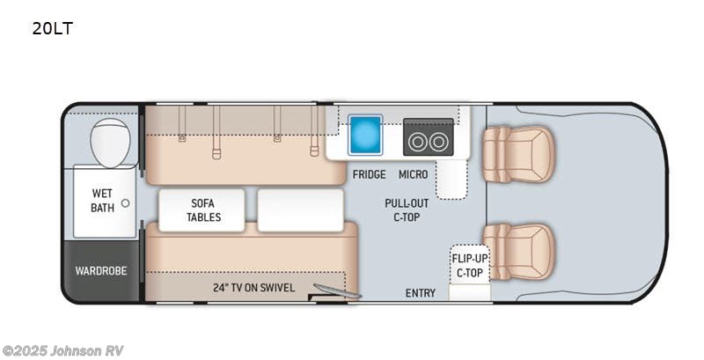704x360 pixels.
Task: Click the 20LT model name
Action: (52, 29)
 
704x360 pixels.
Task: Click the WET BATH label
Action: (102, 201)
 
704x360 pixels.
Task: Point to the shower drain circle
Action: (125, 203)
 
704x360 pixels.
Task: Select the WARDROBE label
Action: (101, 271)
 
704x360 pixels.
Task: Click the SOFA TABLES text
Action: (204, 210)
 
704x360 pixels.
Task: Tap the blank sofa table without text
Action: (300, 210)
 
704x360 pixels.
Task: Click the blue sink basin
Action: (365, 134)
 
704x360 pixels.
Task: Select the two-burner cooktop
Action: (428, 137)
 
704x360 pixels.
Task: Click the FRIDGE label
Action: (369, 174)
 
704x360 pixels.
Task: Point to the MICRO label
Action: (413, 174)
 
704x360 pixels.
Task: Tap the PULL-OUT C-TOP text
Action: (407, 210)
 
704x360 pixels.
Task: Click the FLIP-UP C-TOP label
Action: (470, 265)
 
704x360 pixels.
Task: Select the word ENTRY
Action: (421, 293)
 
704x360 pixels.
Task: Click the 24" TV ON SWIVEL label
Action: (253, 288)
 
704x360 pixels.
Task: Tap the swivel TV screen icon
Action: (337, 290)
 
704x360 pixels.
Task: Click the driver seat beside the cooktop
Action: (518, 154)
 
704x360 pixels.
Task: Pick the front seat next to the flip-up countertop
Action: (518, 252)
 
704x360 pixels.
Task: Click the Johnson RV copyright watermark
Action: (62, 350)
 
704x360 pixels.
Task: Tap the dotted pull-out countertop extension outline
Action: (451, 180)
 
